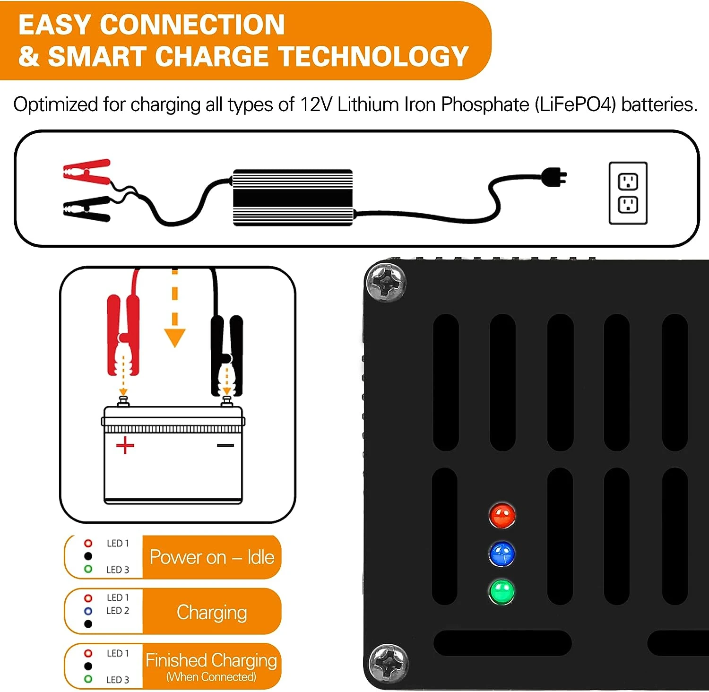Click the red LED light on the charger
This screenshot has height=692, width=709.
click(x=502, y=515)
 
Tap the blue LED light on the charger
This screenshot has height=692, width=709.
click(x=502, y=554)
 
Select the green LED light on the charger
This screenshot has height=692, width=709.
click(x=501, y=591)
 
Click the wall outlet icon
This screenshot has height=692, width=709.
click(x=628, y=193)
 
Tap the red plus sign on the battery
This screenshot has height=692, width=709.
click(x=125, y=445)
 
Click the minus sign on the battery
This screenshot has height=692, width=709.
click(x=225, y=445)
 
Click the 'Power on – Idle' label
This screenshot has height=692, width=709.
click(x=212, y=557)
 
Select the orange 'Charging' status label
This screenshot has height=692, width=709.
click(x=212, y=612)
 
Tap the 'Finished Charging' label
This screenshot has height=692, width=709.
click(x=211, y=660)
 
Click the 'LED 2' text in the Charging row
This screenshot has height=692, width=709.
click(x=117, y=611)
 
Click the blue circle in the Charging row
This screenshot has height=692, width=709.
click(x=88, y=611)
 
